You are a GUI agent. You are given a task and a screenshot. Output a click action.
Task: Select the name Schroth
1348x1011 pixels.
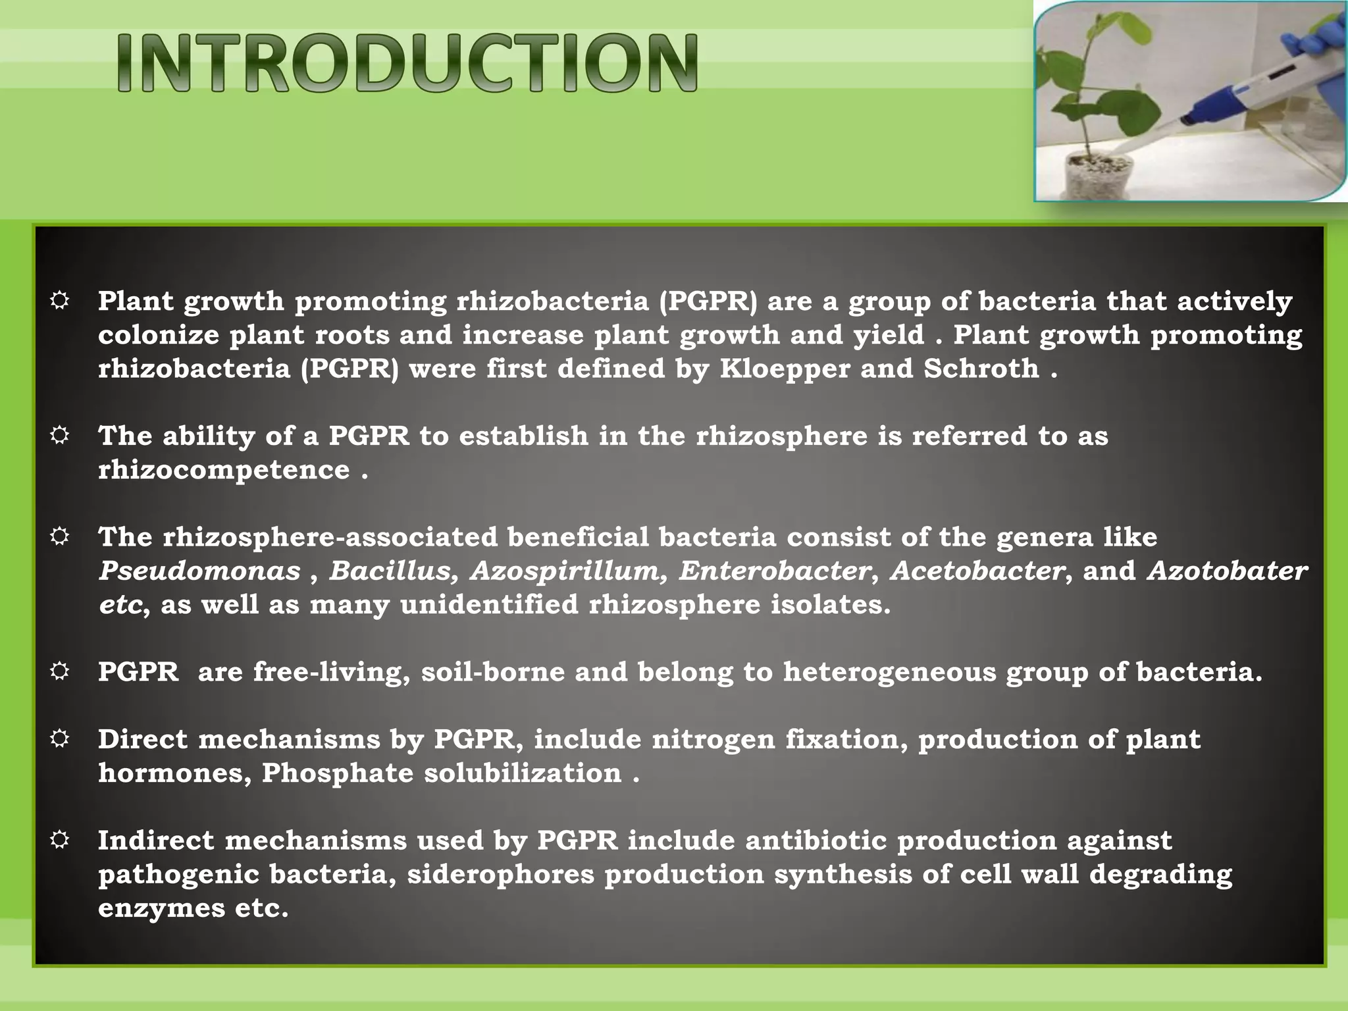click(981, 369)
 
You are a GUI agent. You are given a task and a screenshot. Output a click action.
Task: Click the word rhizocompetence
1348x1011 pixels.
click(224, 470)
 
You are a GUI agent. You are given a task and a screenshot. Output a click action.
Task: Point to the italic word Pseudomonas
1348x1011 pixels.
click(199, 571)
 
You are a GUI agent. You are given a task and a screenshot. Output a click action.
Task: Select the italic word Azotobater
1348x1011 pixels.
click(1227, 571)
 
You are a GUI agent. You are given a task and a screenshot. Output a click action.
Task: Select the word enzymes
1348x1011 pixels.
click(161, 908)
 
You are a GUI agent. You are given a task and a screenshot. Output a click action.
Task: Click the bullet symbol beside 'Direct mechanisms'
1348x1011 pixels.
click(59, 739)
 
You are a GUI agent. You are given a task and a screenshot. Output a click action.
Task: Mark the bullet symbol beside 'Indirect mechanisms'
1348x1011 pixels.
click(59, 841)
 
